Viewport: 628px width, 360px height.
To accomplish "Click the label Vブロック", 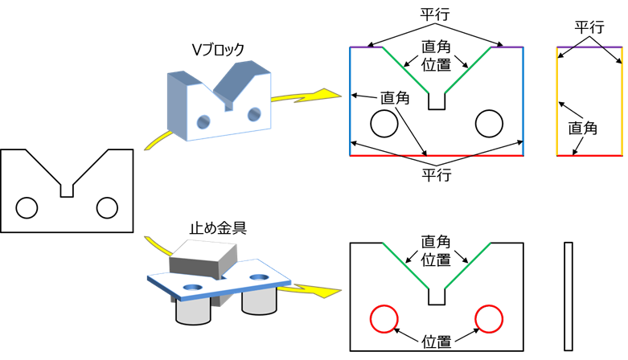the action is tap(218, 50).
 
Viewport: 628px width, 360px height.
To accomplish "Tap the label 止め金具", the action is tap(218, 228).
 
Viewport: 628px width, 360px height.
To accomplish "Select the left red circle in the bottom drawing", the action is tap(384, 305).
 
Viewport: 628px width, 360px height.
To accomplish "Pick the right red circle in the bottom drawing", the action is tap(489, 305).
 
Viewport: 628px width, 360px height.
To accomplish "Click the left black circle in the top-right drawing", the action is tap(384, 110).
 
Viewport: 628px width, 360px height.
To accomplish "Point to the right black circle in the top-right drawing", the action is tap(489, 110).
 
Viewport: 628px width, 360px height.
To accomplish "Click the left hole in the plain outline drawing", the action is tap(27, 198).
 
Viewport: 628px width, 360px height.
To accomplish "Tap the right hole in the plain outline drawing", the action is tap(107, 198).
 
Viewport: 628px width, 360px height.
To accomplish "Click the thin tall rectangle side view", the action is tap(564, 297).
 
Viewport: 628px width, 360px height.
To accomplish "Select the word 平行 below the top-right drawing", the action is tap(437, 175).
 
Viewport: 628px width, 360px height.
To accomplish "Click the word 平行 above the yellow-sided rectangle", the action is tap(589, 27).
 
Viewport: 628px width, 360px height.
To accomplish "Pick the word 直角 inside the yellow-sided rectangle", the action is tap(583, 128).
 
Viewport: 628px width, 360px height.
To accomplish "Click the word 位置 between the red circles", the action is tap(437, 342).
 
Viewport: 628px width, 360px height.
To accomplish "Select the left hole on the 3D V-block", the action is tap(203, 121).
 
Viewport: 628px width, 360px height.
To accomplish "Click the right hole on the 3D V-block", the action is tap(254, 114).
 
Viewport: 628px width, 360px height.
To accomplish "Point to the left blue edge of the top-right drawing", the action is tap(351, 101).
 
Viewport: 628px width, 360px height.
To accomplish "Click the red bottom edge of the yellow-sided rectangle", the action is tap(589, 155).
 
